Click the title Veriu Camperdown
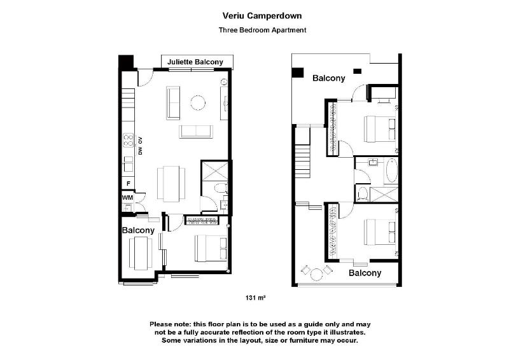pyautogui.click(x=262, y=15)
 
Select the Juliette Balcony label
pyautogui.click(x=195, y=62)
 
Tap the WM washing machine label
pyautogui.click(x=127, y=197)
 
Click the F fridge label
pyautogui.click(x=129, y=184)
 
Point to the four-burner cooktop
pyautogui.click(x=129, y=140)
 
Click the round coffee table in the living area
pyautogui.click(x=198, y=102)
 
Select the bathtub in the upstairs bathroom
pyautogui.click(x=391, y=170)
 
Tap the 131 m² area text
pyautogui.click(x=256, y=298)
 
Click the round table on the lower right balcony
pyautogui.click(x=316, y=275)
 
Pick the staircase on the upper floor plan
pyautogui.click(x=303, y=152)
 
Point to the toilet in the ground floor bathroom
pyautogui.click(x=221, y=188)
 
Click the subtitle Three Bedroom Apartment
pyautogui.click(x=262, y=30)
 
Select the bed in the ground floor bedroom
pyautogui.click(x=211, y=248)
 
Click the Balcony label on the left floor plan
pyautogui.click(x=138, y=230)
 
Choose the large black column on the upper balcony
pyautogui.click(x=297, y=73)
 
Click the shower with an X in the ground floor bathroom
pyautogui.click(x=215, y=170)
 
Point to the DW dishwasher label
pyautogui.click(x=141, y=151)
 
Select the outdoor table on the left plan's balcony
pyautogui.click(x=141, y=253)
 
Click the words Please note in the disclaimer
pyautogui.click(x=170, y=324)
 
